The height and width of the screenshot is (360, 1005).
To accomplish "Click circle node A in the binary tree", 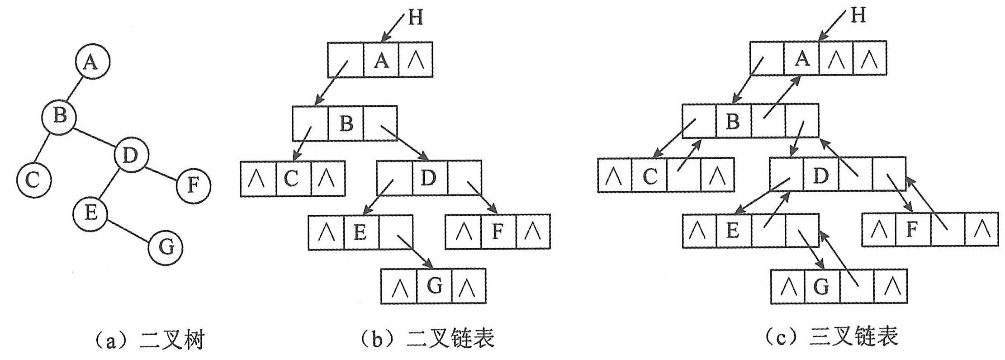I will [92, 62].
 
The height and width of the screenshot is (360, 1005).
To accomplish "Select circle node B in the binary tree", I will [59, 117].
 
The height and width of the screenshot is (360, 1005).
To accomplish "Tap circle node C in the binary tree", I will [33, 180].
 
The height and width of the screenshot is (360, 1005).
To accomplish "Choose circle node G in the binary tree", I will [166, 247].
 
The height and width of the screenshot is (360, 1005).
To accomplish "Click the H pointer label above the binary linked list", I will [415, 18].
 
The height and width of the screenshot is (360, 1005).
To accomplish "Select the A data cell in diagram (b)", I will [381, 59].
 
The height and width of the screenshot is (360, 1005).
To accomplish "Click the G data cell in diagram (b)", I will [434, 286].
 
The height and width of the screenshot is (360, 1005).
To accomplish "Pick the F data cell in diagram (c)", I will [913, 230].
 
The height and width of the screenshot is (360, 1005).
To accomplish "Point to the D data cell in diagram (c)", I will [820, 174].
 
